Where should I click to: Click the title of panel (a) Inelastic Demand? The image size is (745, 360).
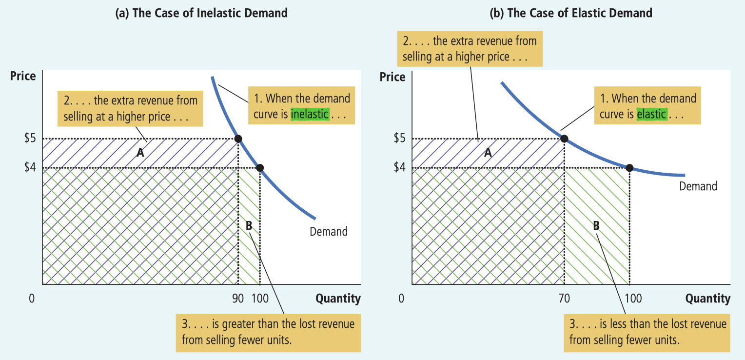[x=201, y=13]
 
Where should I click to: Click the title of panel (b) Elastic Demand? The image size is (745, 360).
[x=571, y=13]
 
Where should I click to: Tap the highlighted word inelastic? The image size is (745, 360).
[x=310, y=114]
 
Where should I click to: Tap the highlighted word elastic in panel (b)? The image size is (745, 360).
[x=651, y=114]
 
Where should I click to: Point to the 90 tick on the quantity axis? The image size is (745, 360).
[x=238, y=299]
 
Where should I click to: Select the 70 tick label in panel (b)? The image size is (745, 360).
[x=564, y=299]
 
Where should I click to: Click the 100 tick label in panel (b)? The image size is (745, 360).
[x=633, y=299]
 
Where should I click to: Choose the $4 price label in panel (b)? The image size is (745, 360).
[x=400, y=168]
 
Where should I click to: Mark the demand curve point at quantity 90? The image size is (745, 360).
[x=238, y=139]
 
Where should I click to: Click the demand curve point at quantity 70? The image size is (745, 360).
[x=564, y=139]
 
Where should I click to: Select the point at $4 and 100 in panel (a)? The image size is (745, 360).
[x=260, y=168]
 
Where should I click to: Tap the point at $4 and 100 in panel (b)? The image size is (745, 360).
[x=629, y=168]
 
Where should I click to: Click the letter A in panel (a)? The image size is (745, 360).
[x=140, y=153]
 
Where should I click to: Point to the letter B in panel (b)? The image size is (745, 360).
[x=596, y=225]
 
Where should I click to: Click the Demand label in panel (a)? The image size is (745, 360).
[x=329, y=231]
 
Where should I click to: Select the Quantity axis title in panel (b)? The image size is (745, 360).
[x=707, y=299]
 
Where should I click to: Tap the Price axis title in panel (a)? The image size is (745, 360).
[x=23, y=76]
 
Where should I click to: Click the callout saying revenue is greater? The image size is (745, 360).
[x=268, y=332]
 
